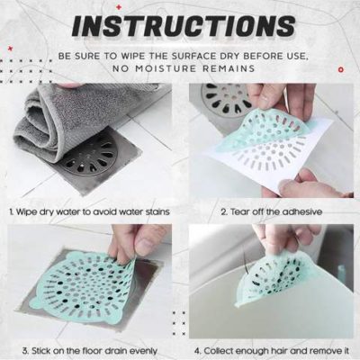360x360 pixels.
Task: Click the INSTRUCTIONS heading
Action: (184, 27)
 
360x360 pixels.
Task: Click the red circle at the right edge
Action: (340, 69)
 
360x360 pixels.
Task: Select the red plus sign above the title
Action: (119, 6)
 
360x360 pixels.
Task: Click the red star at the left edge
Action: (11, 48)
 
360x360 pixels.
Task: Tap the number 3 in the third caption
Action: (24, 351)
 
